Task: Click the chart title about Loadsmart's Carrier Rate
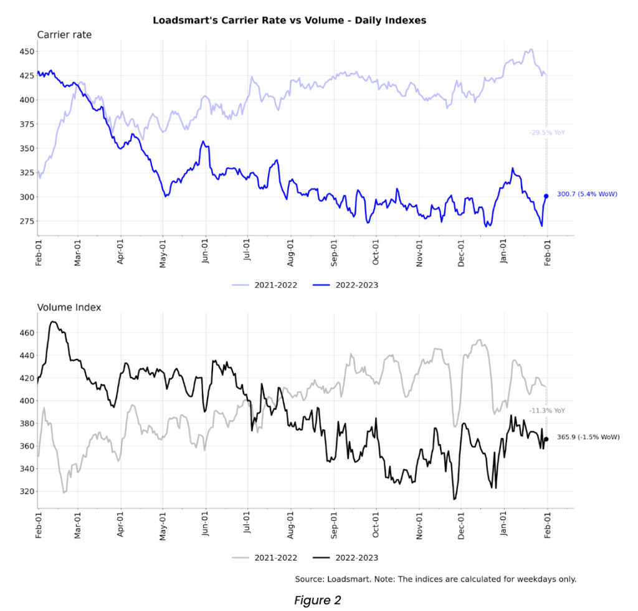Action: click(289, 20)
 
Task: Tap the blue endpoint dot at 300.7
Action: click(546, 196)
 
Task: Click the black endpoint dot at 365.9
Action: click(546, 439)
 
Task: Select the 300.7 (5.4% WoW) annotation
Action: click(587, 194)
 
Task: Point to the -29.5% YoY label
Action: click(547, 133)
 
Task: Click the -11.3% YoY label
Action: click(547, 411)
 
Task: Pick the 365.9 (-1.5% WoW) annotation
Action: click(588, 437)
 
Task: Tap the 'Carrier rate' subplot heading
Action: click(64, 35)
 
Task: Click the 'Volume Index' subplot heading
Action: click(69, 307)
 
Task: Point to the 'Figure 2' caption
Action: click(318, 600)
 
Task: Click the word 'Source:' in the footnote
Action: click(310, 579)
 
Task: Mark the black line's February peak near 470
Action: click(53, 322)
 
